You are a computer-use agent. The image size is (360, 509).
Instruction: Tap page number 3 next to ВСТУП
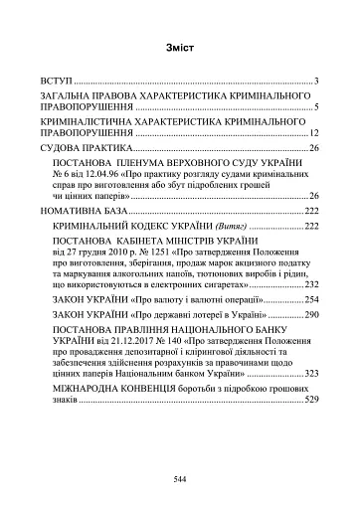tap(314, 80)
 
